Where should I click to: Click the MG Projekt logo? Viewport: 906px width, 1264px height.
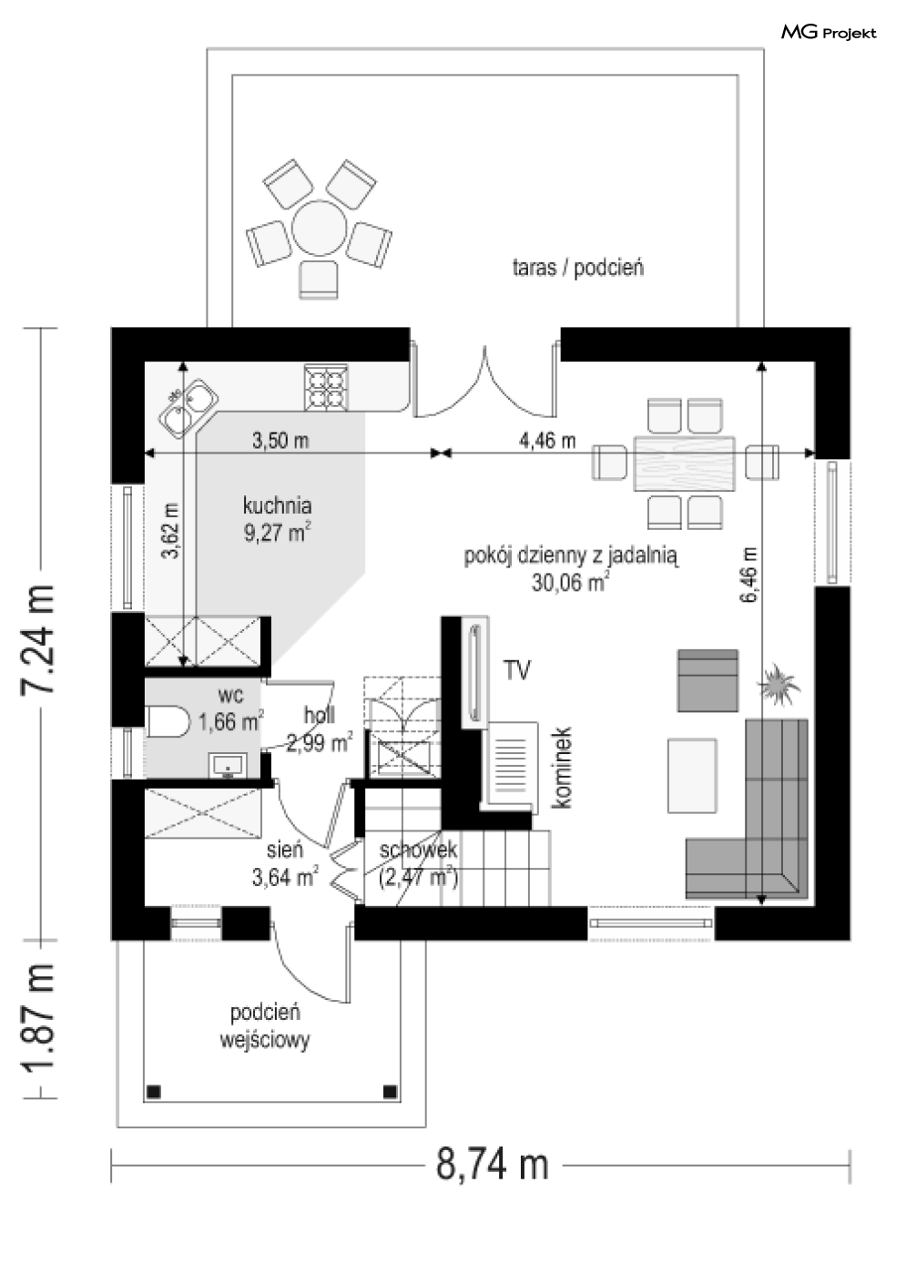829,33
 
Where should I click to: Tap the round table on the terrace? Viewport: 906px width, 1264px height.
319,229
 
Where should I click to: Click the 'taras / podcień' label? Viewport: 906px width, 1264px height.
577,267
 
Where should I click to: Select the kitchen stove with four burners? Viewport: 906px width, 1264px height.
326,386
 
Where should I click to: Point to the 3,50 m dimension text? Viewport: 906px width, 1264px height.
280,440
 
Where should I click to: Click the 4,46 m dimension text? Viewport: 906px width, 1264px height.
547,440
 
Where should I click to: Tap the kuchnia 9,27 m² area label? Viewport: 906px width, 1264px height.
277,518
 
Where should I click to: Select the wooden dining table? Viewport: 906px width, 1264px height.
685,464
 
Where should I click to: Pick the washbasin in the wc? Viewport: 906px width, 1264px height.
228,766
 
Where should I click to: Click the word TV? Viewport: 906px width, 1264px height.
517,671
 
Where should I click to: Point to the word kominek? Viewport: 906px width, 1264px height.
563,768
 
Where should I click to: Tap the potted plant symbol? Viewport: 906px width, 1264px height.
779,685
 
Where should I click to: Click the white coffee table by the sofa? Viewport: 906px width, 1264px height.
692,776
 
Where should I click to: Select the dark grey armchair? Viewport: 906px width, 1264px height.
707,680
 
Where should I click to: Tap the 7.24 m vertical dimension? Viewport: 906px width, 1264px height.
38,638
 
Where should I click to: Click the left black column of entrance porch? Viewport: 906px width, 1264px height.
154,1092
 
